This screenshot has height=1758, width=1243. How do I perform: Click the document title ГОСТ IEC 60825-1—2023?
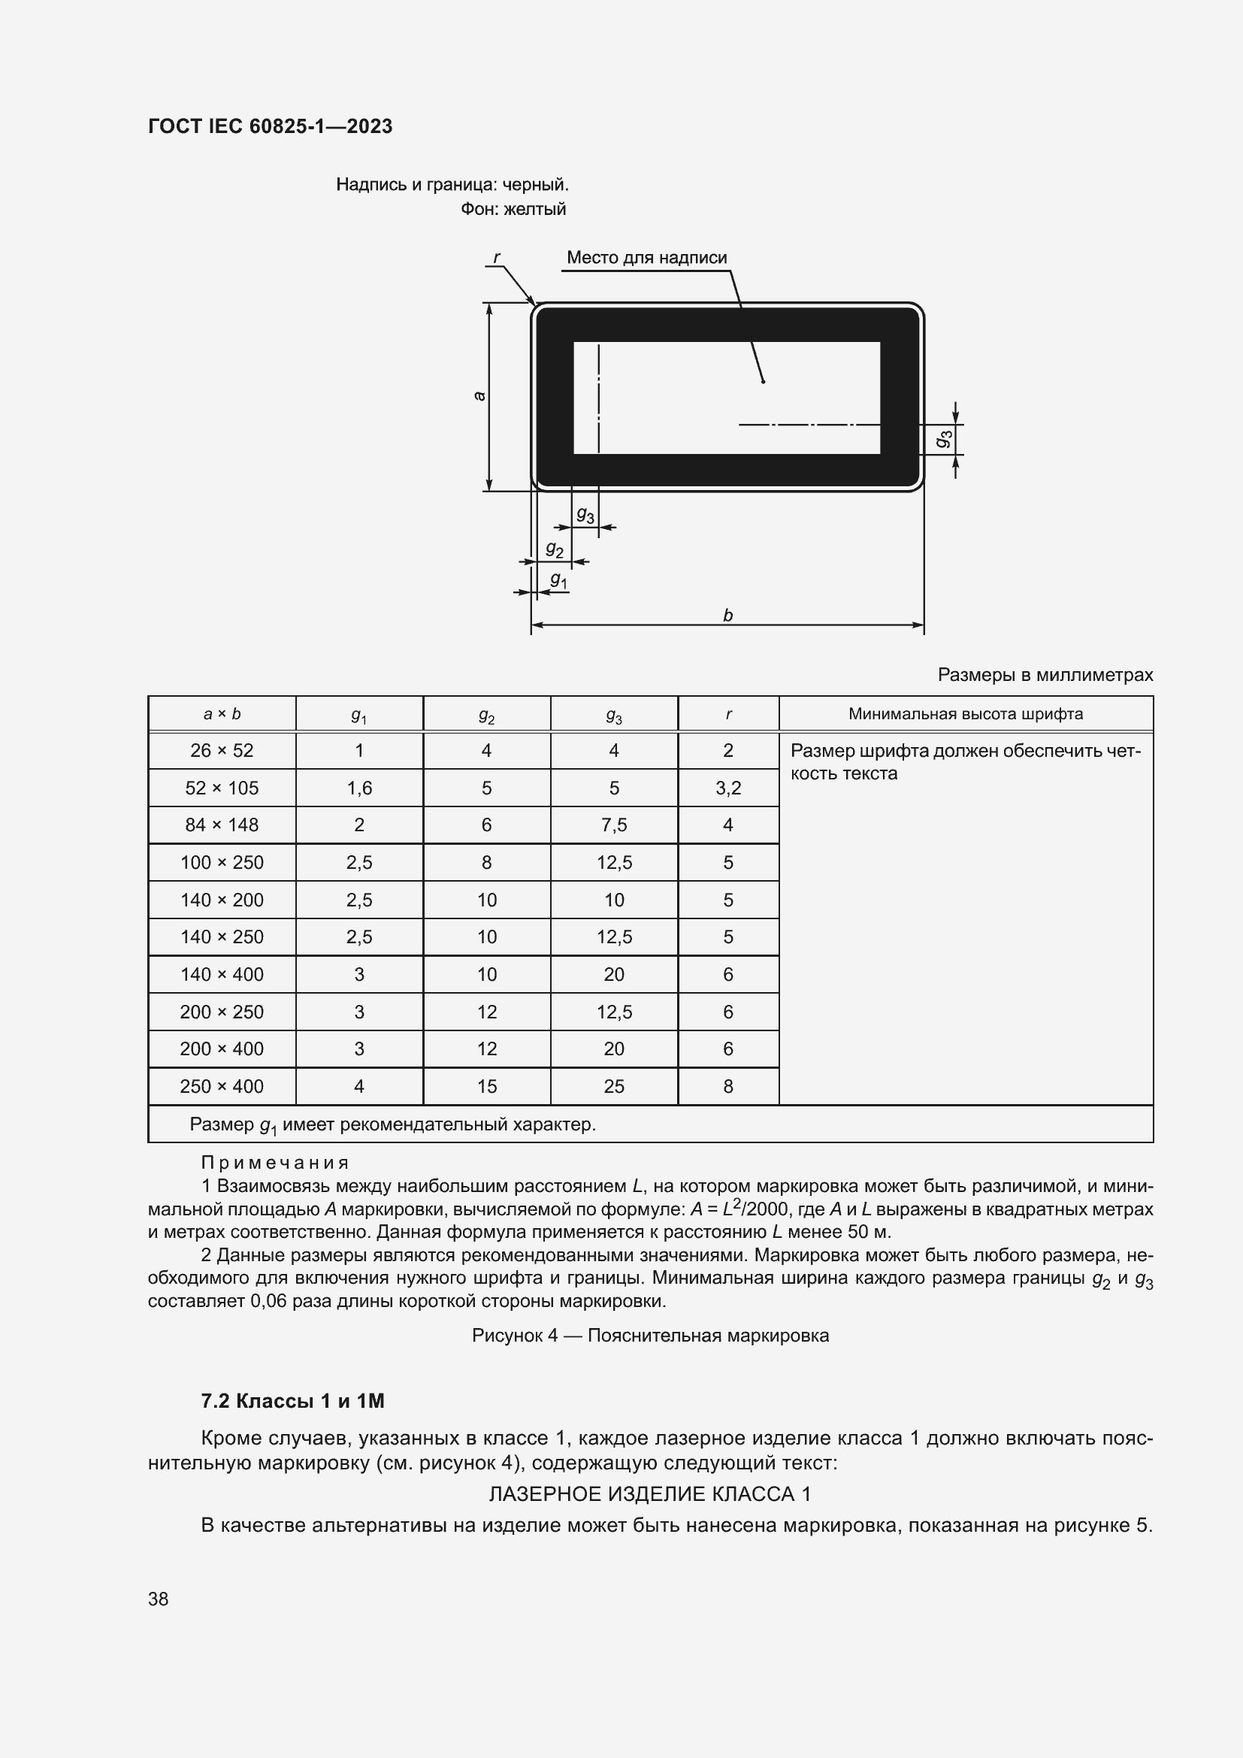point(271,126)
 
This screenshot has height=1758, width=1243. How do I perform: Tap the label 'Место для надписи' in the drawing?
point(647,258)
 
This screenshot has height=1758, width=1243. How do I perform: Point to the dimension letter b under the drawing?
point(728,615)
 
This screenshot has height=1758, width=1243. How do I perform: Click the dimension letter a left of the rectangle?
point(480,396)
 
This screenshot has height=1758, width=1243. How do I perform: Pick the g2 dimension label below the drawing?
point(554,549)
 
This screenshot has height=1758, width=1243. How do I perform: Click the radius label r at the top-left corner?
point(497,257)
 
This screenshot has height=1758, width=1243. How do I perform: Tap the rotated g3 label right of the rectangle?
point(945,439)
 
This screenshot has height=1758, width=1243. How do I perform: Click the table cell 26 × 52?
point(222,750)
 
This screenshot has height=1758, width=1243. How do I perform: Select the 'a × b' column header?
point(222,713)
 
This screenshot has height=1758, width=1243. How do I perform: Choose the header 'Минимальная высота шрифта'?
point(965,713)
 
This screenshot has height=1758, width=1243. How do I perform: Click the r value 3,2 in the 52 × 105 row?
point(728,788)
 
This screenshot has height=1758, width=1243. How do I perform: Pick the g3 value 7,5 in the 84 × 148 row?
point(614,825)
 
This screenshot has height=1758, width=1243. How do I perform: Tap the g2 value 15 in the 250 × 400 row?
point(487,1086)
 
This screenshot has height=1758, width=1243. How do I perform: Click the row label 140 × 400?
point(222,974)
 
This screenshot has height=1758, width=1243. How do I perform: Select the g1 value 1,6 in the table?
point(359,788)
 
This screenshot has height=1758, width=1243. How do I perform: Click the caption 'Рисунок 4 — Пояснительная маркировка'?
point(650,1336)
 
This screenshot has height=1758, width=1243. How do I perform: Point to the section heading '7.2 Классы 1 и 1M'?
point(292,1401)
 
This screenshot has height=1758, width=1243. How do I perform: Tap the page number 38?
point(159,1599)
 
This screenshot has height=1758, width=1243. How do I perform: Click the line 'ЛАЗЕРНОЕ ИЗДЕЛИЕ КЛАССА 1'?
point(650,1494)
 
